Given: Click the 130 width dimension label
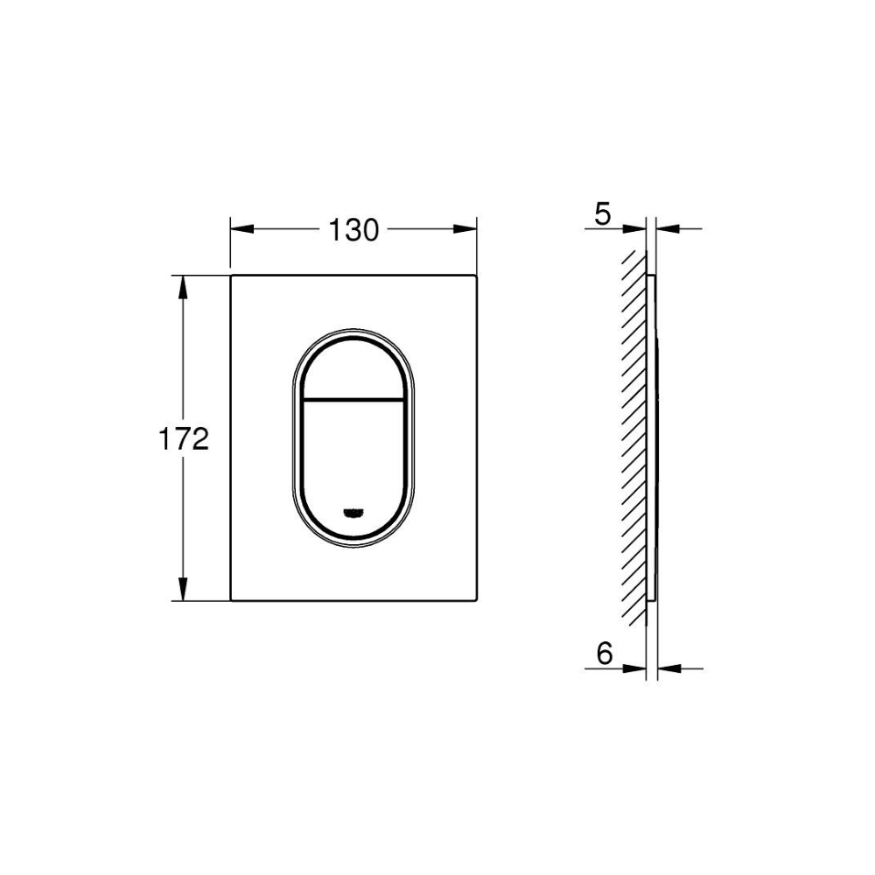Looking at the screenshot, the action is pyautogui.click(x=353, y=230).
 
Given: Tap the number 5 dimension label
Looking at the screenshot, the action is pyautogui.click(x=603, y=213).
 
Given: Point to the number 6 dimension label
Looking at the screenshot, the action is pyautogui.click(x=605, y=653).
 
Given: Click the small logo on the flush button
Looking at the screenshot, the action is pyautogui.click(x=353, y=513).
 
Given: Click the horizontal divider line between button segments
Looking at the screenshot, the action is pyautogui.click(x=353, y=400).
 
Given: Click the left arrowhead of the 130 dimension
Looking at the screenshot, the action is pyautogui.click(x=242, y=228).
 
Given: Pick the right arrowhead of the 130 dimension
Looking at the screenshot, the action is pyautogui.click(x=465, y=228).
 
